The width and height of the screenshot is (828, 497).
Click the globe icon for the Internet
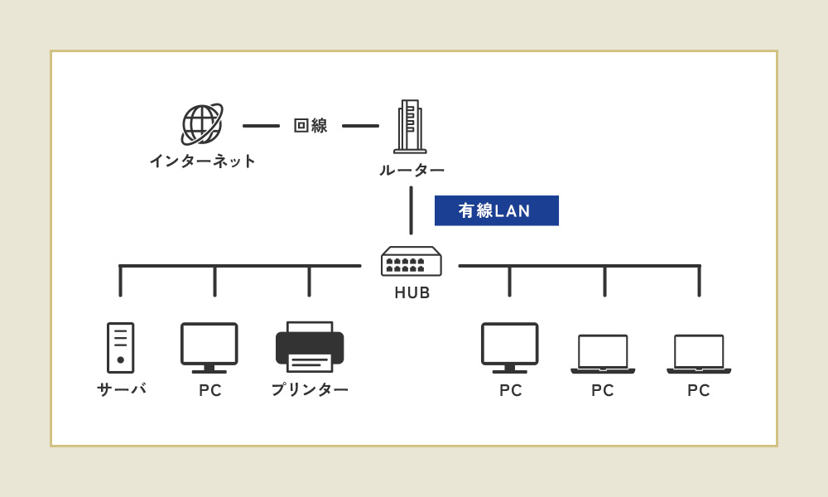pos(202,124)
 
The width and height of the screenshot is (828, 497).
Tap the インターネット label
pos(203,161)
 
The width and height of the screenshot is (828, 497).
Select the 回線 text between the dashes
pos(310,126)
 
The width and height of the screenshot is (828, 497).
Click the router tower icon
pos(411,126)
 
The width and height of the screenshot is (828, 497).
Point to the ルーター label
pos(412,170)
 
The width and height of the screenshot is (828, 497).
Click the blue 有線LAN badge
pos(496,210)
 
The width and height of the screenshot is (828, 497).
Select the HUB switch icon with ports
pos(412,261)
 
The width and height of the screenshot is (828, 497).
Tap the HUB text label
pos(412,292)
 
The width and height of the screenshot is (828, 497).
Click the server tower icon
pos(120,348)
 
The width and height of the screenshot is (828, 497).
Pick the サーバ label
pos(122,389)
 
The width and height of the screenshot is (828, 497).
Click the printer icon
pos(310,346)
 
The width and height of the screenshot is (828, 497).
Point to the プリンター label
pos(310,390)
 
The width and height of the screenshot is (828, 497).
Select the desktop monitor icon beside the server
pos(209,348)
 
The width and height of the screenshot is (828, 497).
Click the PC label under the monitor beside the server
pos(210,390)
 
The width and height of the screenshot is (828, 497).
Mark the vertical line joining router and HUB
pos(412,210)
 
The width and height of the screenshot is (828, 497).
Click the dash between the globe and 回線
pos(261,126)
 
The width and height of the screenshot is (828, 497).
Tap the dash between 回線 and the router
pos(361,126)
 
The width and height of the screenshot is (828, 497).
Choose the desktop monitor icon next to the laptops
pos(509,348)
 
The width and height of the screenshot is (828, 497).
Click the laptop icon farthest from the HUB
pos(699,354)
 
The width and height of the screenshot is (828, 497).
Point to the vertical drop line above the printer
pos(310,282)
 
